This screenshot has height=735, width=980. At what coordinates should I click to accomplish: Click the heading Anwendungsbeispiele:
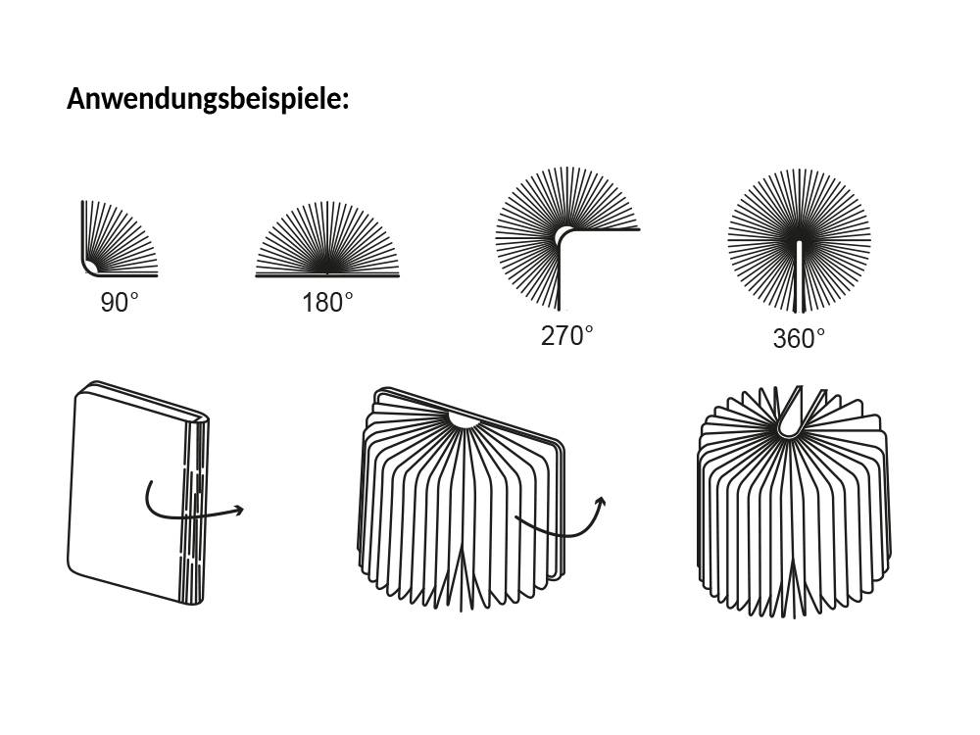208,99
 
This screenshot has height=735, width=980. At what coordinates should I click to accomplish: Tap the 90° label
120,303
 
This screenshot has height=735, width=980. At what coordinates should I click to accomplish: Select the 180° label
327,303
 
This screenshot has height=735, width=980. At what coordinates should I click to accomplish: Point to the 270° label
567,335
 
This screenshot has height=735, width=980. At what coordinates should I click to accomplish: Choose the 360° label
799,339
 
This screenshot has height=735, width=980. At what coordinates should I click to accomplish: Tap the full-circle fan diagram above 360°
799,240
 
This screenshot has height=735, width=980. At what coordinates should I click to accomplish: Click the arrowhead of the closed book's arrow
238,509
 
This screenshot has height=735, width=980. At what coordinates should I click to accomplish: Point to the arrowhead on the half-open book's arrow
600,502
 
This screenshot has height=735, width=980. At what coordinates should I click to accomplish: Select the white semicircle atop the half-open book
463,420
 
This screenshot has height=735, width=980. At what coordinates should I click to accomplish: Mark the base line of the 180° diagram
327,276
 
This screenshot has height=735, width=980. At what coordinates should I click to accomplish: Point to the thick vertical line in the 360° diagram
800,274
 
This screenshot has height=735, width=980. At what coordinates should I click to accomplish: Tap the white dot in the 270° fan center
563,236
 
